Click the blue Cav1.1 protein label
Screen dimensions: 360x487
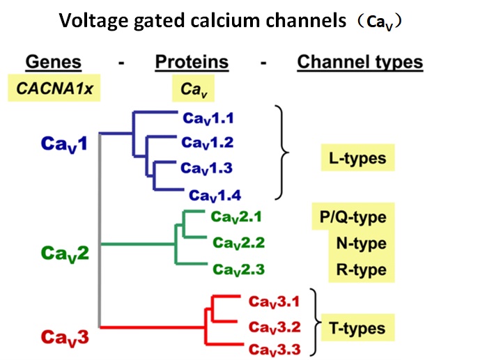point(208,119)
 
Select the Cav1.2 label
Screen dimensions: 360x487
point(208,143)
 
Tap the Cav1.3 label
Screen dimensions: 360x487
point(208,169)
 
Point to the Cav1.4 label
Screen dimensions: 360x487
point(217,195)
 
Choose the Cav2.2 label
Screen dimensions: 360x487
point(239,243)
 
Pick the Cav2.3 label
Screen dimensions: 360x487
point(239,269)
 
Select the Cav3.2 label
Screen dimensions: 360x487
point(274,326)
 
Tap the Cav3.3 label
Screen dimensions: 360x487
point(274,349)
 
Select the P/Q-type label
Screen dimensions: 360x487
point(348,217)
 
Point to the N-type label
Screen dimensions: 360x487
point(360,244)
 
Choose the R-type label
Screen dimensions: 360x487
point(361,269)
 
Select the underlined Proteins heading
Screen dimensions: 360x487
point(192,62)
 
